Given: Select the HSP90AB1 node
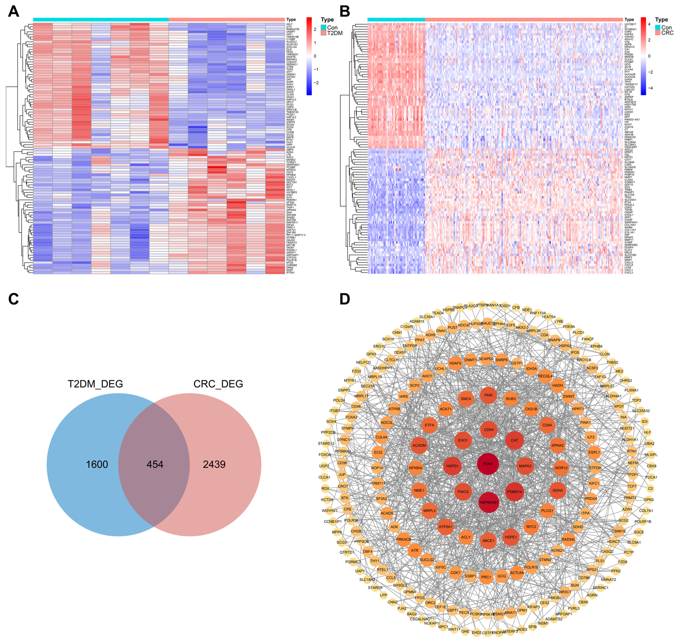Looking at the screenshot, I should (x=489, y=502).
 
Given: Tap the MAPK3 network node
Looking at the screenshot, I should (x=525, y=466).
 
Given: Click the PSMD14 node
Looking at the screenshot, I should (x=514, y=492).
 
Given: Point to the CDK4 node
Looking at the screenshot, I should (x=489, y=430).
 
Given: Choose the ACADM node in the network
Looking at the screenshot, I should (x=419, y=446).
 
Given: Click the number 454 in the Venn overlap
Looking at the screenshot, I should (x=155, y=465).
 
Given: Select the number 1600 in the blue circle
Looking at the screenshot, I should (x=97, y=465).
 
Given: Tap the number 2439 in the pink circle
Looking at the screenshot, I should (x=214, y=465).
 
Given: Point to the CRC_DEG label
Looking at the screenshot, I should (x=218, y=384).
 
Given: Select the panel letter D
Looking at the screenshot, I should (x=344, y=299).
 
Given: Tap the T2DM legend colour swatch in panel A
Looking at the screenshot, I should (x=323, y=33).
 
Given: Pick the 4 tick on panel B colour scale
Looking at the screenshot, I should (x=649, y=24).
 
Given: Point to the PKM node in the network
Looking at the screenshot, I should (x=488, y=395).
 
